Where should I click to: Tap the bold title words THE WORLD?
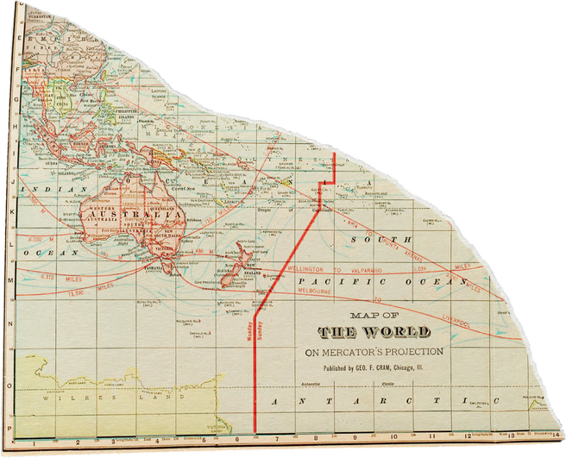point(372,333)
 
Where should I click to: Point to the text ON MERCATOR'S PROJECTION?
point(374,352)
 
